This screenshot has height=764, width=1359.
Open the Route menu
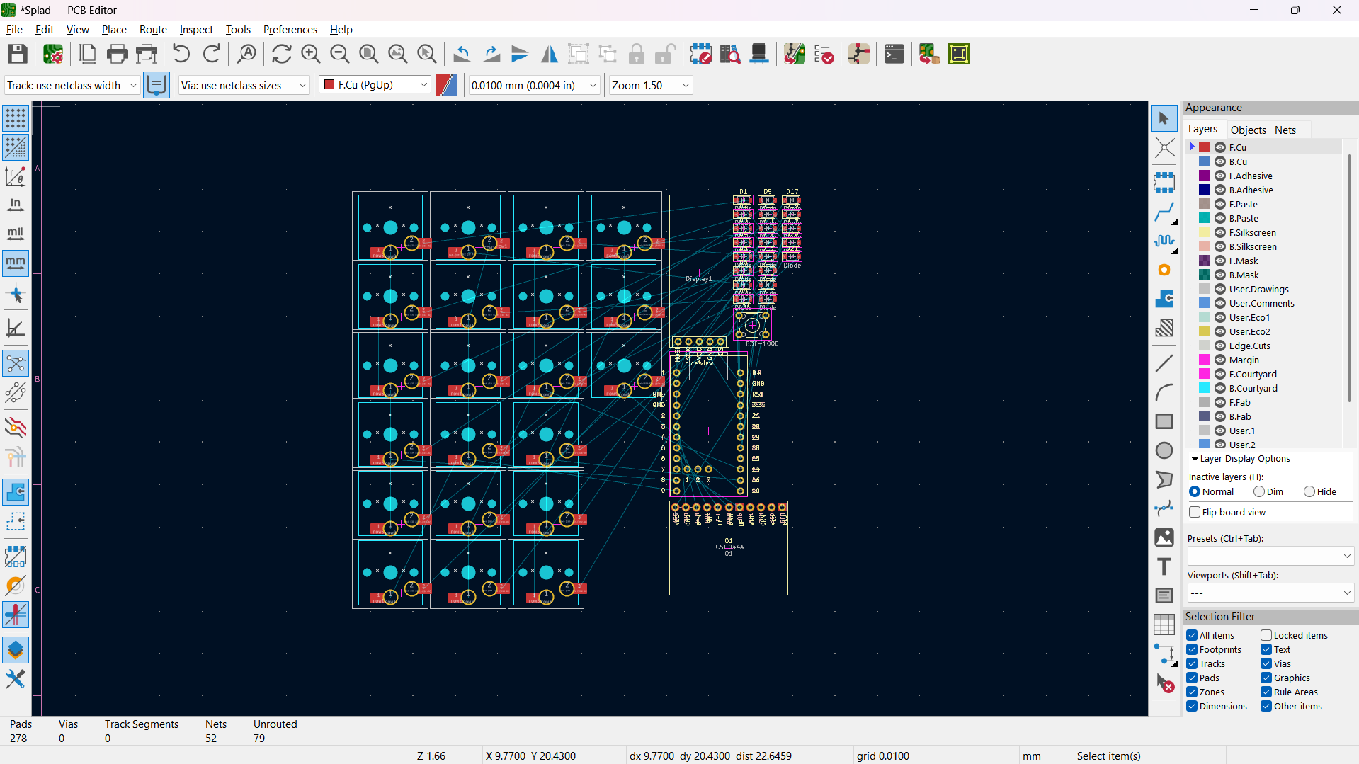[153, 29]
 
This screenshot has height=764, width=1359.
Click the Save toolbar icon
[18, 54]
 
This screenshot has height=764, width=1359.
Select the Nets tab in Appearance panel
[1285, 130]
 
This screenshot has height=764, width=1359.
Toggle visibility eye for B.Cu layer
[1220, 161]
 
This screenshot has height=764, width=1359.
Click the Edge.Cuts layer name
[1249, 346]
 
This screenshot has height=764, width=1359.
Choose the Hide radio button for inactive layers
[1309, 491]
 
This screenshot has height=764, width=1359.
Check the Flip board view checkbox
[1195, 512]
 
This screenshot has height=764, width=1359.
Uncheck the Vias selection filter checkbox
[1266, 663]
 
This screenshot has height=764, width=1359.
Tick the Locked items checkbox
[1266, 635]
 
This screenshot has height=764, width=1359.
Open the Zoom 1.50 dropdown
[649, 85]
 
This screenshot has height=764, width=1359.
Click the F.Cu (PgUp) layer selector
[375, 85]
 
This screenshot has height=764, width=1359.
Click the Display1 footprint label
[698, 279]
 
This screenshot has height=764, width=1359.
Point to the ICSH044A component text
[729, 547]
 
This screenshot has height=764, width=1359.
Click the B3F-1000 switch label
[761, 343]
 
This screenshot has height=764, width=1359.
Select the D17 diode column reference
[792, 192]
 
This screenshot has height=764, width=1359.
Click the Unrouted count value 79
[259, 738]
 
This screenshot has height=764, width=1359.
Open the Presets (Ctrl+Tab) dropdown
[1270, 556]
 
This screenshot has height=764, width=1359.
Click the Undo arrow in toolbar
[181, 54]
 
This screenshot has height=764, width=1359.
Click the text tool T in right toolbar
[1164, 566]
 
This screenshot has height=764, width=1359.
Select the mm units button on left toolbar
[16, 263]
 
